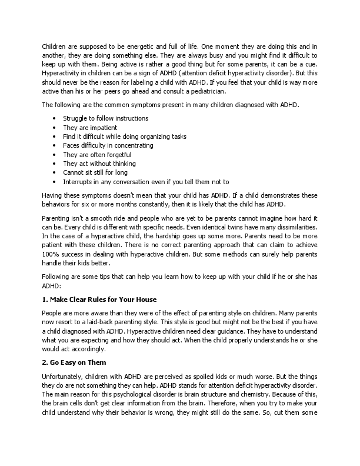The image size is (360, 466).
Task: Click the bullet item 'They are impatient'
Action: (90, 127)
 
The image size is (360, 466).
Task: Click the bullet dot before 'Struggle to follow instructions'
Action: (54, 118)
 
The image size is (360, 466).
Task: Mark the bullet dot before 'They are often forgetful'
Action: (54, 154)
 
